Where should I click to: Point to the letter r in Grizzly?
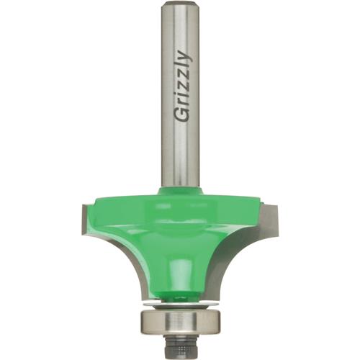pyautogui.click(x=183, y=102)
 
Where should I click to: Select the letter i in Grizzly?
pyautogui.click(x=182, y=95)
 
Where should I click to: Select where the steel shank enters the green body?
pyautogui.click(x=179, y=189)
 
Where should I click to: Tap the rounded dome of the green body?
pyautogui.click(x=179, y=238)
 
